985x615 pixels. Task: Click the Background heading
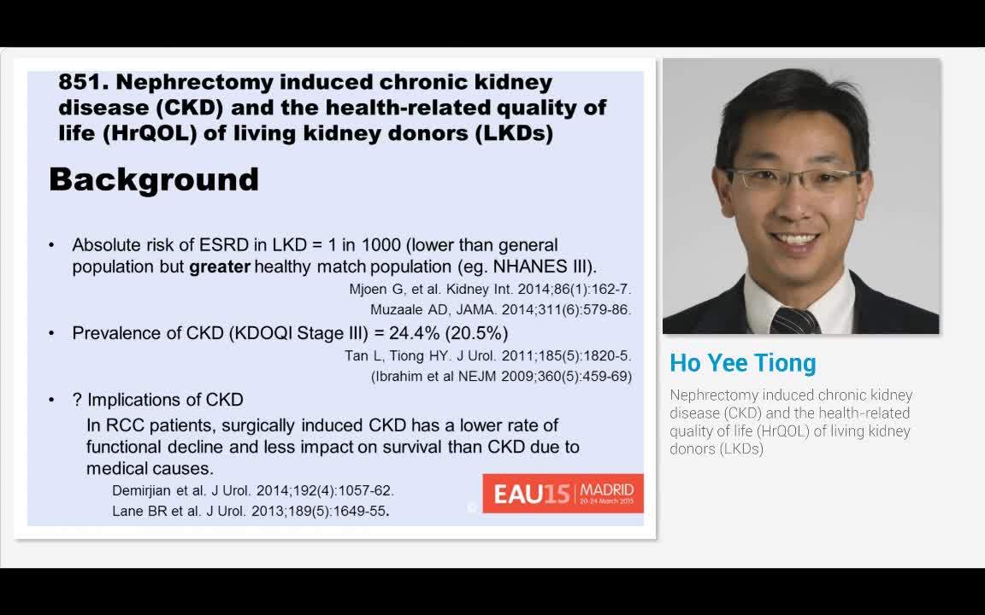[154, 179]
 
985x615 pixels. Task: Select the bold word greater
[220, 267]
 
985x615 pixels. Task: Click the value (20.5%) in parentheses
[479, 332]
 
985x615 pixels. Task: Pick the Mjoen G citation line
[490, 290]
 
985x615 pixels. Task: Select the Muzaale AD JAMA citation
[501, 309]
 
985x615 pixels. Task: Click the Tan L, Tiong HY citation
[488, 356]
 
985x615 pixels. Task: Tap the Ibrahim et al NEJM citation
[501, 377]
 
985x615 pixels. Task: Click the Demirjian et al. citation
[253, 491]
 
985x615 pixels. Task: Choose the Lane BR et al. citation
[251, 512]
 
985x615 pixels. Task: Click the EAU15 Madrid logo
[563, 494]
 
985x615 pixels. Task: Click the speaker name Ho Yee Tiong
[742, 363]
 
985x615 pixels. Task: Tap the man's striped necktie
[795, 320]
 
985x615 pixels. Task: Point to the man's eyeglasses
[794, 179]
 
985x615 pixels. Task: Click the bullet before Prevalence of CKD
[51, 333]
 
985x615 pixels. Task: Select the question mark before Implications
[77, 400]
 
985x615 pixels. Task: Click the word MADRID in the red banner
[607, 489]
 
